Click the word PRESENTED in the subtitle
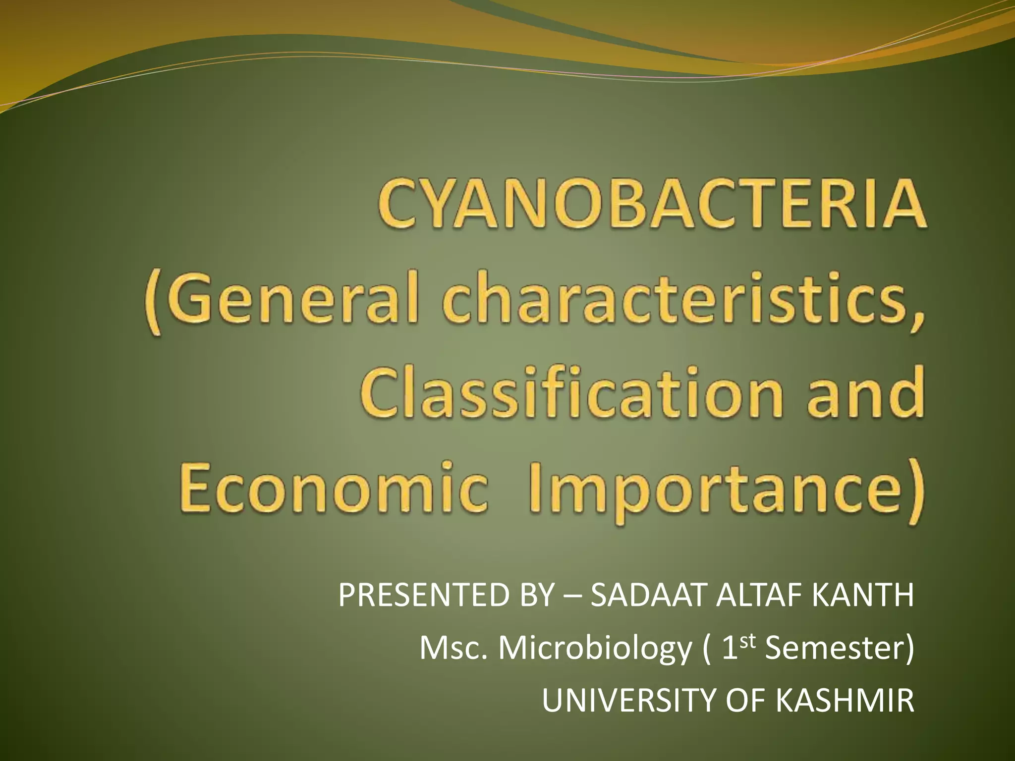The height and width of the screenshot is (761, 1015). (x=424, y=595)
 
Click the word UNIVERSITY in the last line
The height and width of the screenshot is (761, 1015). (x=629, y=701)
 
